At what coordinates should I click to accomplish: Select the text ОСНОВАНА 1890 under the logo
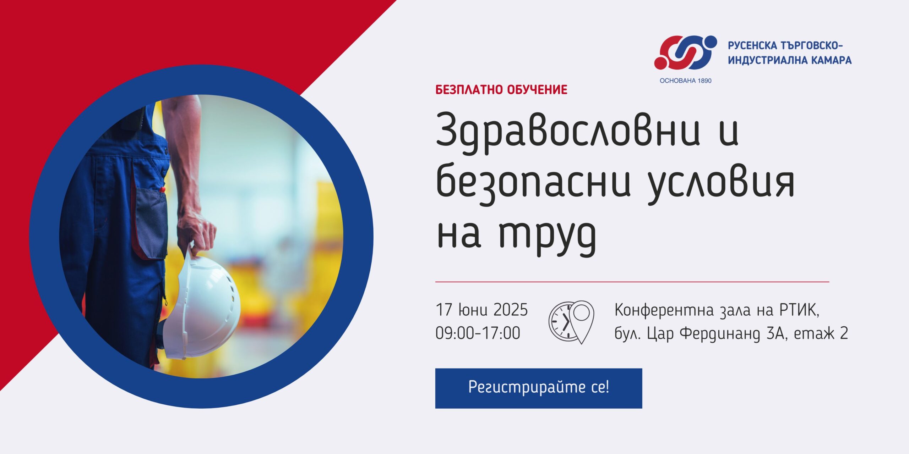[686, 81]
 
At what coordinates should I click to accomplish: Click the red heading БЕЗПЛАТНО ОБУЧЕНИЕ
[501, 90]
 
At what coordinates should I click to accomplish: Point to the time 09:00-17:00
[478, 333]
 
